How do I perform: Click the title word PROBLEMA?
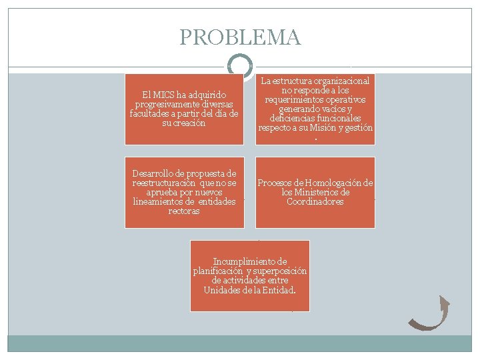pos(240,37)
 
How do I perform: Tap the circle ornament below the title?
pos(240,65)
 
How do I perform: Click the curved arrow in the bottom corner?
pos(430,313)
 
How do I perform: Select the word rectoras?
pos(184,211)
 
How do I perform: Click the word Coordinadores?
pos(315,202)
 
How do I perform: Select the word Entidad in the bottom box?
pos(279,290)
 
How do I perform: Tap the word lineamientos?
pos(157,202)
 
